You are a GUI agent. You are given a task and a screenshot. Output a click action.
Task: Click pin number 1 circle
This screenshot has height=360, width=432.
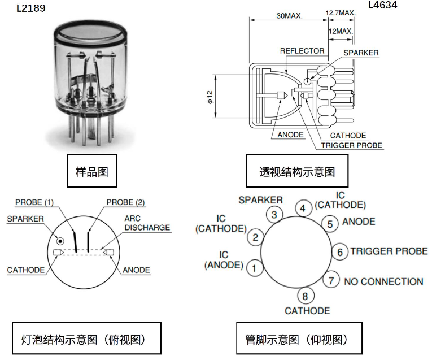(x=255, y=267)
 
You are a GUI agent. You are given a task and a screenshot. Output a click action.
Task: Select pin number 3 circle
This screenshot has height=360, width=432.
(x=274, y=215)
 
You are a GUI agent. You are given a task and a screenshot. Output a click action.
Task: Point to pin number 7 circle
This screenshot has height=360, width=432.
(x=331, y=280)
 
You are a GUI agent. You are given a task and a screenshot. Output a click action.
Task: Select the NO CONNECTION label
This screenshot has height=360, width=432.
(x=383, y=281)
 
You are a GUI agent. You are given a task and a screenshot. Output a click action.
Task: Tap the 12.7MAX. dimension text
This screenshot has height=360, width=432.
(x=339, y=12)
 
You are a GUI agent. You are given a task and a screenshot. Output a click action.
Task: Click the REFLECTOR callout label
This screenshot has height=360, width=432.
(x=302, y=51)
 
